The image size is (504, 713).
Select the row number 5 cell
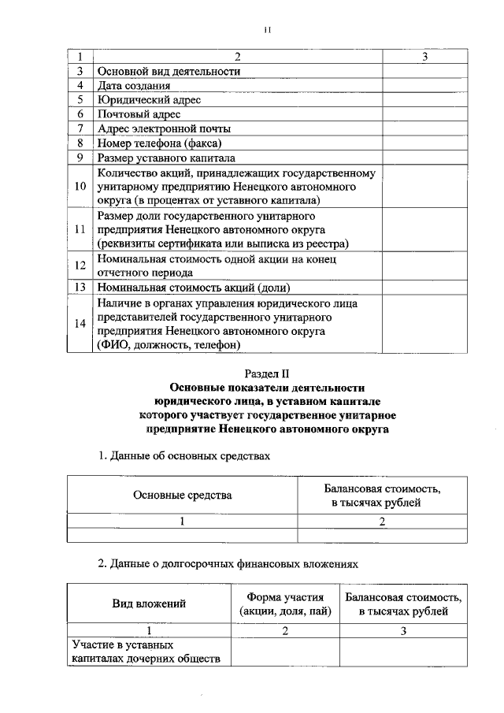(80, 99)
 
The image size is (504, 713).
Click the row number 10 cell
(80, 187)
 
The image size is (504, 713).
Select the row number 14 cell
(80, 323)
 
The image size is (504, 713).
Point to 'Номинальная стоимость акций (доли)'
(189, 288)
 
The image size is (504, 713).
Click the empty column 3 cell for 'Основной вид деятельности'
(424, 71)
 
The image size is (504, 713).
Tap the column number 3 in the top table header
(424, 57)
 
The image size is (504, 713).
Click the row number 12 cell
(80, 266)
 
